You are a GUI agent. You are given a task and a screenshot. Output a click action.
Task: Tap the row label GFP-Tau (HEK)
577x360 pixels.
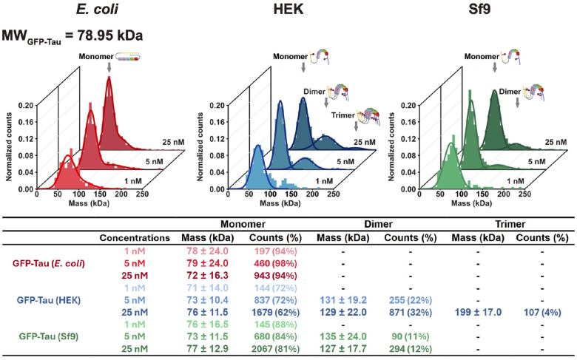point(49,300)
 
